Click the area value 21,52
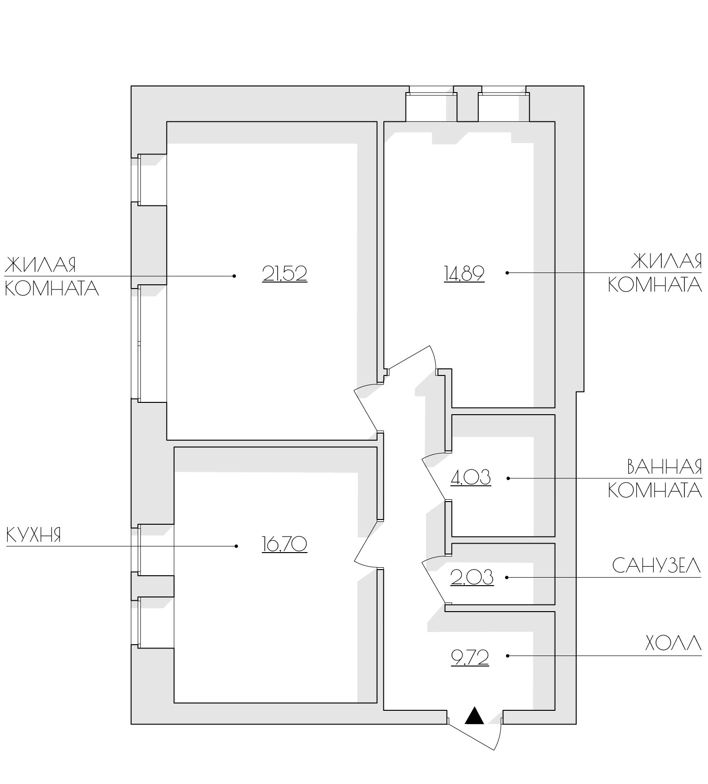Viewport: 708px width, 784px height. point(285,273)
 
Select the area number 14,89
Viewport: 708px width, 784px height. point(464,273)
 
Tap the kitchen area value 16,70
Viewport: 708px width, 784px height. point(285,544)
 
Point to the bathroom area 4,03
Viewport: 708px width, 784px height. point(471,477)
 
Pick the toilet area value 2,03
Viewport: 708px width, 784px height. point(472,577)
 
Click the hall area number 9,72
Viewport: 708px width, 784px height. point(470,657)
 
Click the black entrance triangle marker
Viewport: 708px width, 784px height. point(474,716)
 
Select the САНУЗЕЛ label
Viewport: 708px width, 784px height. point(657,565)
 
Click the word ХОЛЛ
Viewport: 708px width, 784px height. point(673,643)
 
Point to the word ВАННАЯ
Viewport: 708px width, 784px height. point(665,467)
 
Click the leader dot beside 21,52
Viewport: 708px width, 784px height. point(234,276)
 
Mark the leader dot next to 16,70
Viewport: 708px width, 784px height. point(236,546)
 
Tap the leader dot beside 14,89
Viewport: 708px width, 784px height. point(507,273)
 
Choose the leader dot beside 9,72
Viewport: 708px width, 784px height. point(507,656)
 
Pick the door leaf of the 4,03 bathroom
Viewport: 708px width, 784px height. point(434,478)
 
